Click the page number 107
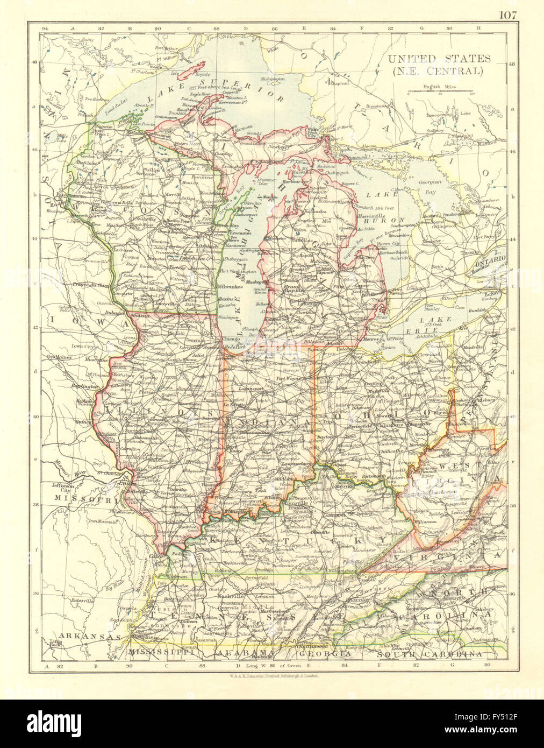click(507, 15)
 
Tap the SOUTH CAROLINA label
click(428, 654)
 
